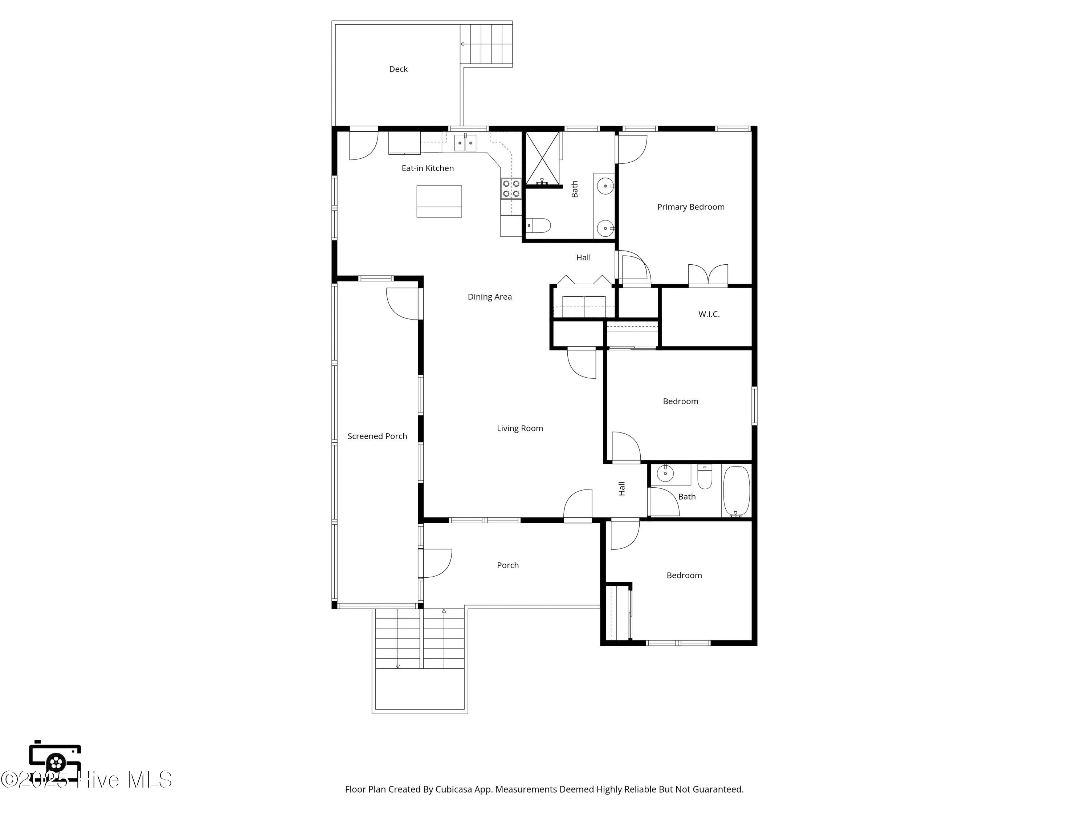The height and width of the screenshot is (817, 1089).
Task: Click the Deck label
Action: (x=398, y=69)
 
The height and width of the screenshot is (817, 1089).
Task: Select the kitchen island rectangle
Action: (x=439, y=201)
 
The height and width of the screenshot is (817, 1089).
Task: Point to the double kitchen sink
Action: (x=465, y=143)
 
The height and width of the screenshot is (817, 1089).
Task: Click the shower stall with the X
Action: (x=543, y=158)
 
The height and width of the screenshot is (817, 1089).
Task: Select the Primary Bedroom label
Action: (x=690, y=207)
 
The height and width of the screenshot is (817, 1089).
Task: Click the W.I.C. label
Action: (x=709, y=314)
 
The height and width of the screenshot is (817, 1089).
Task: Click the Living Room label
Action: (x=519, y=428)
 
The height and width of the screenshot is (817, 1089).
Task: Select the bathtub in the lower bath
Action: (x=736, y=491)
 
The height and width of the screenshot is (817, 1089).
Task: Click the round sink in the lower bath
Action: (x=665, y=474)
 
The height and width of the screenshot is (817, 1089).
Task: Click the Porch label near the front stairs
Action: (x=507, y=565)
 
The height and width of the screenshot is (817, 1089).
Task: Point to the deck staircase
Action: (x=486, y=44)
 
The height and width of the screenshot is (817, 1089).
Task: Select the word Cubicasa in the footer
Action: (x=453, y=789)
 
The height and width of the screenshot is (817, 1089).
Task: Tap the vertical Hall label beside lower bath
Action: (x=621, y=488)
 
